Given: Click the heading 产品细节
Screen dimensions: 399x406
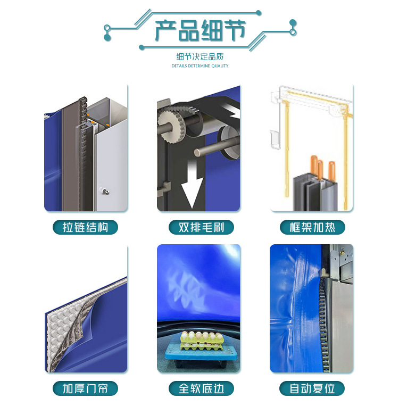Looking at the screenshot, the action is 200,30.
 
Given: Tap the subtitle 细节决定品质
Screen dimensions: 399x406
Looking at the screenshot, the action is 199,57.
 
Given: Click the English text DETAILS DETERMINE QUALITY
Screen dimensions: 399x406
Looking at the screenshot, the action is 200,66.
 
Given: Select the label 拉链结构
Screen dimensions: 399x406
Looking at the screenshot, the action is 85,227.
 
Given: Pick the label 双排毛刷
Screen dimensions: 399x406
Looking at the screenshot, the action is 201,227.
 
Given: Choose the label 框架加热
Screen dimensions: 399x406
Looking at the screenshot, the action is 312,227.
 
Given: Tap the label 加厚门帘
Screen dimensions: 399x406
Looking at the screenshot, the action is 85,388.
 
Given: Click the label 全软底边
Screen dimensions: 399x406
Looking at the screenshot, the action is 201,388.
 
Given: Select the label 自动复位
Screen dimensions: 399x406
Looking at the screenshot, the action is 312,388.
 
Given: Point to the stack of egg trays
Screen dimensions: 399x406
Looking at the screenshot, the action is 202,340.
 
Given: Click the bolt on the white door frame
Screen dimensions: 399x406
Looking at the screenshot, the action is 105,192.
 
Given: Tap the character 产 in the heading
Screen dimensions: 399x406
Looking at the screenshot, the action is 165,30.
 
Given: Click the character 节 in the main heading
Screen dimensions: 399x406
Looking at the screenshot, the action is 235,30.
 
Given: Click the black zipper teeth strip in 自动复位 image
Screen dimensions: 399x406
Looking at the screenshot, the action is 322,324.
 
